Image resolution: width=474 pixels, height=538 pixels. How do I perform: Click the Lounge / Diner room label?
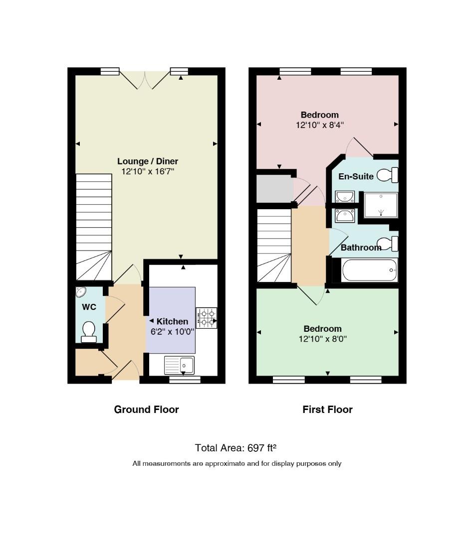pyautogui.click(x=148, y=161)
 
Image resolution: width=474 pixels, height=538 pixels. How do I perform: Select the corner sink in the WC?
pyautogui.click(x=81, y=292)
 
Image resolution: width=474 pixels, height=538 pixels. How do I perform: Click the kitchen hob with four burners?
pyautogui.click(x=207, y=318)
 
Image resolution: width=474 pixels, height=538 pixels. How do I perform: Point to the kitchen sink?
pyautogui.click(x=179, y=365)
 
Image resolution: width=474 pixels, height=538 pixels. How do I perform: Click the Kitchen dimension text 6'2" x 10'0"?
pyautogui.click(x=172, y=332)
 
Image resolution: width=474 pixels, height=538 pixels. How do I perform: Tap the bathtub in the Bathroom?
pyautogui.click(x=370, y=270)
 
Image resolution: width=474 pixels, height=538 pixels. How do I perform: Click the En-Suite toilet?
pyautogui.click(x=387, y=175)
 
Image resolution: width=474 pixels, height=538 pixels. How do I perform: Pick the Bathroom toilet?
pyautogui.click(x=388, y=244)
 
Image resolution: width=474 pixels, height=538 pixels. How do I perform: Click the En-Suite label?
pyautogui.click(x=356, y=176)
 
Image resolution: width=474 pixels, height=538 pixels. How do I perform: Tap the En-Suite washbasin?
pyautogui.click(x=345, y=197)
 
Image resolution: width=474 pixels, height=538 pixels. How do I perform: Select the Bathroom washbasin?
pyautogui.click(x=345, y=216)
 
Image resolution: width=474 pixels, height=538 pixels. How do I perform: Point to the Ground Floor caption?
pyautogui.click(x=146, y=409)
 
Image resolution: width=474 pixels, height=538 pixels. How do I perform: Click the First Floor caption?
pyautogui.click(x=328, y=409)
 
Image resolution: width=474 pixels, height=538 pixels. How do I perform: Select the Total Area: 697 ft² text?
pyautogui.click(x=236, y=448)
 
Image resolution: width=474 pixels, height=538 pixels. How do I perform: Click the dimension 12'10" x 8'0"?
pyautogui.click(x=323, y=339)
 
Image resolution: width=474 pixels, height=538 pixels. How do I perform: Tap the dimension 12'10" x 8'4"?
pyautogui.click(x=320, y=125)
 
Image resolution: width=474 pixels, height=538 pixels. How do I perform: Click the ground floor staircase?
pyautogui.click(x=94, y=227)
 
